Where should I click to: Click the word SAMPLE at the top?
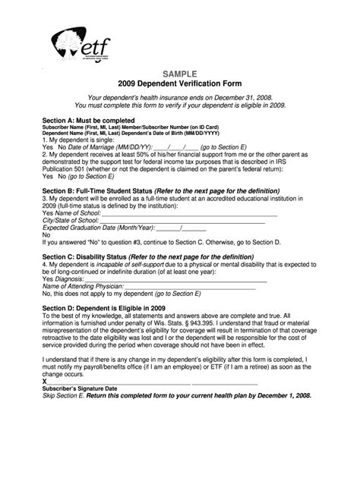tap(180, 73)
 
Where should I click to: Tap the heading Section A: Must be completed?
tap(88, 120)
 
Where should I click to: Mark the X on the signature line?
tap(46, 381)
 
